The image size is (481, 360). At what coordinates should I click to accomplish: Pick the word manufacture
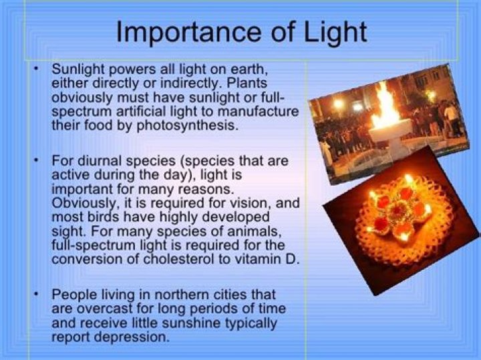pyautogui.click(x=259, y=111)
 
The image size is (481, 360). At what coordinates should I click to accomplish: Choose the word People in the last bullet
pyautogui.click(x=73, y=295)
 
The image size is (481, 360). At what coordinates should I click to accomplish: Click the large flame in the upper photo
pyautogui.click(x=385, y=107)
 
